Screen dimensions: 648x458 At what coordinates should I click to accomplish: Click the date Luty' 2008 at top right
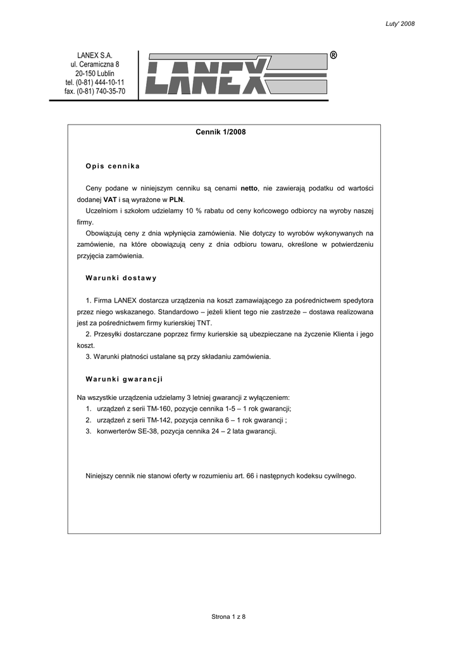[x=400, y=24]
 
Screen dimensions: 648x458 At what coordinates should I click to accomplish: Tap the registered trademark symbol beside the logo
[x=333, y=56]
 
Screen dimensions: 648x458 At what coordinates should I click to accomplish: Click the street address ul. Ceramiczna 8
[x=95, y=65]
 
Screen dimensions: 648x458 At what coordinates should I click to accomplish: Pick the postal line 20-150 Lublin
[x=95, y=74]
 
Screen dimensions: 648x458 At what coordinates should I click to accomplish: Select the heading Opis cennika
[x=113, y=166]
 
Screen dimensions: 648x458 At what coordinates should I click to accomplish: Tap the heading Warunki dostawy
[x=121, y=278]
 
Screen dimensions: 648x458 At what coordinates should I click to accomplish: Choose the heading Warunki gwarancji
[x=124, y=379]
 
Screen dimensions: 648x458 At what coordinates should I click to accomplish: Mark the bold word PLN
[x=176, y=199]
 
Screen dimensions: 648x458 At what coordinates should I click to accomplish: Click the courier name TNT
[x=204, y=323]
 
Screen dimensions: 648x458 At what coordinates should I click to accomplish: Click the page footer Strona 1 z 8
[x=228, y=617]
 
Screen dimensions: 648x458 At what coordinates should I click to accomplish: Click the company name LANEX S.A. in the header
[x=95, y=56]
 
